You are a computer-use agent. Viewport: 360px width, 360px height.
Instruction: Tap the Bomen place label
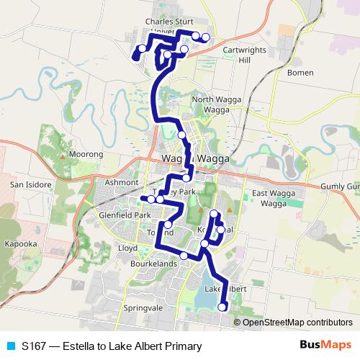tap(298, 73)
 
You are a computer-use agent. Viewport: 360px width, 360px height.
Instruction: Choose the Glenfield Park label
tap(126, 215)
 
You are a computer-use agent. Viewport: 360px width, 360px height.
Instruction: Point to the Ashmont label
tap(120, 182)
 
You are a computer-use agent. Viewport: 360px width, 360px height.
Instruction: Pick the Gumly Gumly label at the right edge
tap(341, 186)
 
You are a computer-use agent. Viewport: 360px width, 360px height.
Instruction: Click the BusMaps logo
tap(325, 346)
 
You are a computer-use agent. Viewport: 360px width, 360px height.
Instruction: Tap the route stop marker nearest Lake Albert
tap(222, 307)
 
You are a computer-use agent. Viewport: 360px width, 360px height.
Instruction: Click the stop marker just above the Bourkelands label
tap(184, 256)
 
